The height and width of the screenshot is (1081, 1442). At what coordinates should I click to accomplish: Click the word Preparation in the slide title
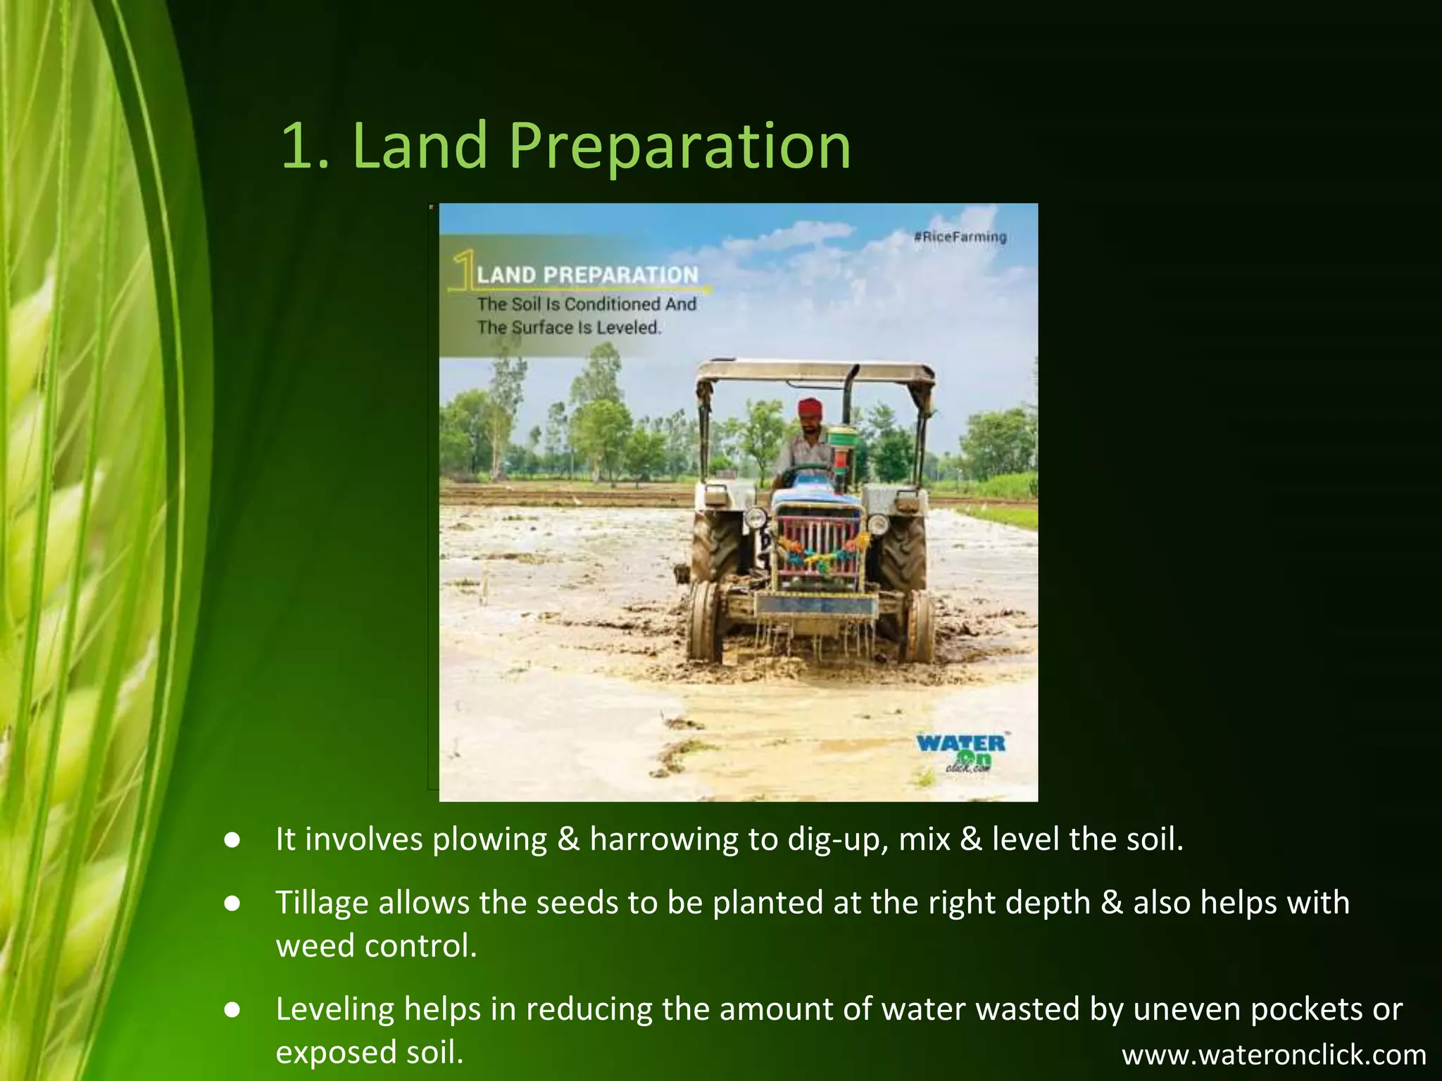coord(679,146)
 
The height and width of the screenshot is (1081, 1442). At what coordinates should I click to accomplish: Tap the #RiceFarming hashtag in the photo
coord(960,237)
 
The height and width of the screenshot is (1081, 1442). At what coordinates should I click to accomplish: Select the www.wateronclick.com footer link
coord(1274,1055)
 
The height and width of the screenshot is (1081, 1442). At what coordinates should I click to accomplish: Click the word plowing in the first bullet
coord(489,840)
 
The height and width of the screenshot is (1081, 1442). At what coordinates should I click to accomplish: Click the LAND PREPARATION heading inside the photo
coord(587,275)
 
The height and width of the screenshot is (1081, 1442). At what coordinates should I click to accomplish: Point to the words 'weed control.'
coord(377,946)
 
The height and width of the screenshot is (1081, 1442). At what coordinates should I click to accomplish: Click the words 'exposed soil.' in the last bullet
coord(370,1052)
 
